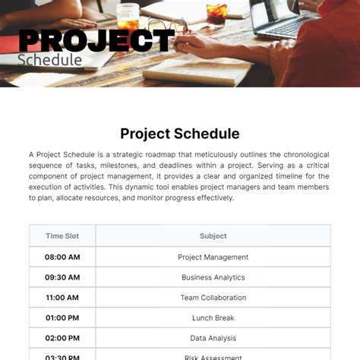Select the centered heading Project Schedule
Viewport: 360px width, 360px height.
coord(180,134)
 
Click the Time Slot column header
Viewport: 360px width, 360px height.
coord(62,236)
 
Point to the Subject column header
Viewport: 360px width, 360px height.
coord(213,236)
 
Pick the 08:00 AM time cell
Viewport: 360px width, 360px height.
coord(62,257)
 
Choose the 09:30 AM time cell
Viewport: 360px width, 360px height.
coord(62,277)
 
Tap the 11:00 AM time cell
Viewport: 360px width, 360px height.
coord(62,298)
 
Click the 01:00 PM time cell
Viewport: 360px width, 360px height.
coord(62,318)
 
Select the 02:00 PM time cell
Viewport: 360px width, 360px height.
coord(62,339)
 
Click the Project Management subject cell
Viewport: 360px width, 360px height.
coord(213,257)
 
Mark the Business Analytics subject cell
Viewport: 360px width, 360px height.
coord(213,277)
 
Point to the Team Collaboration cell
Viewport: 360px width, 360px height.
coord(213,298)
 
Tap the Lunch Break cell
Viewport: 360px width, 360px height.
coord(213,318)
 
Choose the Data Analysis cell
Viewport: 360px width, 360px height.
coord(213,339)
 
